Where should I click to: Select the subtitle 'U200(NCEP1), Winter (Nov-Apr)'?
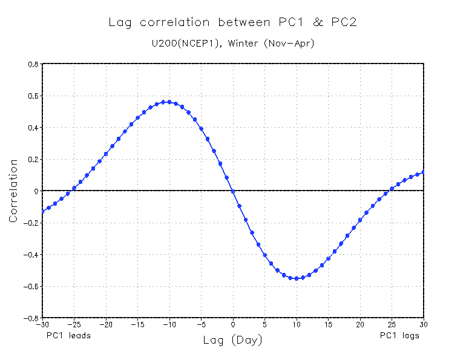(x=233, y=44)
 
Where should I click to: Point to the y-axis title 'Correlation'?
(x=13, y=191)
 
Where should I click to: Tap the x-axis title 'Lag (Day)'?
(x=233, y=341)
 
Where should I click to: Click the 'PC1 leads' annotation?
(x=68, y=335)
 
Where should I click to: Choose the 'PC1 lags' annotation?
(x=399, y=335)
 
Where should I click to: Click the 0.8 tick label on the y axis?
(x=33, y=64)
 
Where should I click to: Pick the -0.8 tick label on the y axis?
(x=31, y=318)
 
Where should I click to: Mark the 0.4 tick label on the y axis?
(x=33, y=128)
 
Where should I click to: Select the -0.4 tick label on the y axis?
(x=31, y=254)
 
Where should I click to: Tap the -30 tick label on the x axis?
(x=42, y=324)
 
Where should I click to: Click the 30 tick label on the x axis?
(x=424, y=324)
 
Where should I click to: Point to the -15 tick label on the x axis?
(x=137, y=324)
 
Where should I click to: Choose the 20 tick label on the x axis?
(x=360, y=324)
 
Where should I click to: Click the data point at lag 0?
(x=233, y=192)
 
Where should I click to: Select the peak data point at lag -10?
(x=169, y=102)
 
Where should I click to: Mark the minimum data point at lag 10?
(x=297, y=278)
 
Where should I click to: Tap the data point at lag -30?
(x=42, y=211)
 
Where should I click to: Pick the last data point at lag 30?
(x=424, y=171)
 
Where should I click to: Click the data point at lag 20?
(x=360, y=220)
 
